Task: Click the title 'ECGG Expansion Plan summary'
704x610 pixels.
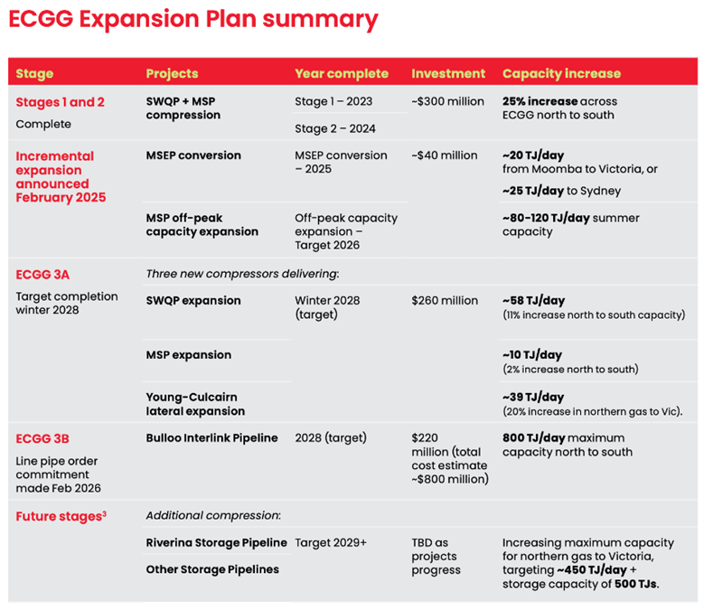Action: point(193,20)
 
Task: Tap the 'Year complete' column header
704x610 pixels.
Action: point(342,73)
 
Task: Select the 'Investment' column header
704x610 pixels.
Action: point(448,73)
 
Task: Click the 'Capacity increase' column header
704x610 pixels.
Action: point(562,73)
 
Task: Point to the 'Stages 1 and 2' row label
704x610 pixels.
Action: point(61,102)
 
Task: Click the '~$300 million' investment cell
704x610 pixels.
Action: point(447,101)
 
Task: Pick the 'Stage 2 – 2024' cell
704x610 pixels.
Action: point(335,129)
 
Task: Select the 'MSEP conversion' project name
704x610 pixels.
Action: point(193,155)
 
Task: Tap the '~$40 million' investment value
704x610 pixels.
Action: point(445,155)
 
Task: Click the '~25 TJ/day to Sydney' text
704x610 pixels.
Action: point(562,191)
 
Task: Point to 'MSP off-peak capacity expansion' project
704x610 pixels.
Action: point(202,225)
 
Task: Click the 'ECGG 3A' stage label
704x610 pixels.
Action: point(42,275)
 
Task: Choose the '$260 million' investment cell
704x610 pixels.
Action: point(445,301)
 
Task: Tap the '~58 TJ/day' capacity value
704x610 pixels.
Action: point(533,301)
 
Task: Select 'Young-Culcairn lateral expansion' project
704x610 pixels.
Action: point(195,404)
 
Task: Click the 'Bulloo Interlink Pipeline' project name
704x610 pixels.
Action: point(211,438)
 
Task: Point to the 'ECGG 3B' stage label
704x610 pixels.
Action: point(42,438)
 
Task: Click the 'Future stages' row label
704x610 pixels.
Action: point(61,517)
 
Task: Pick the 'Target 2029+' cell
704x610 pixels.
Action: point(331,542)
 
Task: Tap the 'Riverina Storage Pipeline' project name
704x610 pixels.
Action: point(216,543)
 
